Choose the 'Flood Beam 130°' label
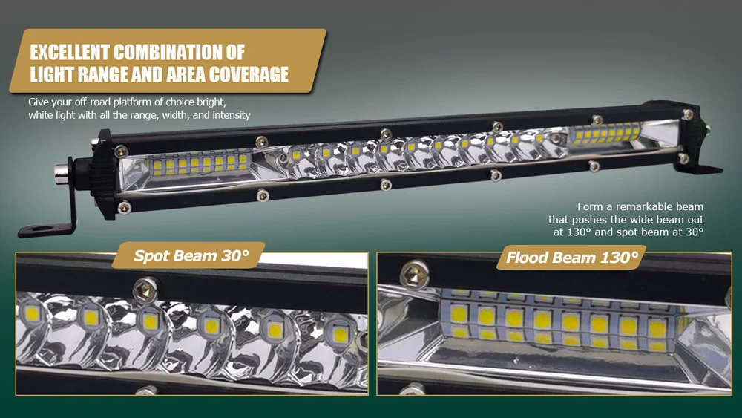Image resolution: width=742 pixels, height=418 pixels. pos(571,258)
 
